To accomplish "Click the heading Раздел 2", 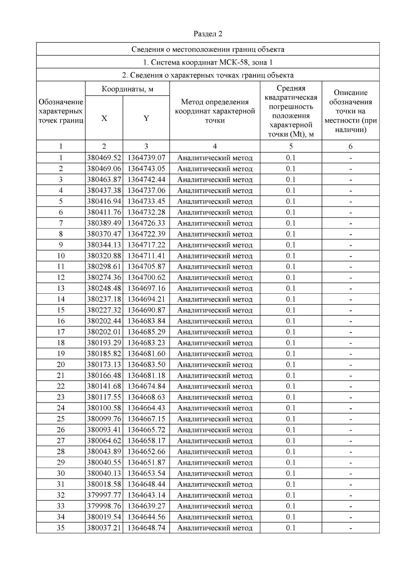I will (x=208, y=34).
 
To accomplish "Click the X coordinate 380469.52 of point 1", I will (x=104, y=158).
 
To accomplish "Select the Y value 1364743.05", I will (x=146, y=169).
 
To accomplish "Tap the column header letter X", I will (x=104, y=118).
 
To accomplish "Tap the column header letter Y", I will (x=146, y=118).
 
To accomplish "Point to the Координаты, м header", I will (x=127, y=89).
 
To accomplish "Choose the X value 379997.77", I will (x=104, y=495).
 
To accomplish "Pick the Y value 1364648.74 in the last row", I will (x=146, y=528).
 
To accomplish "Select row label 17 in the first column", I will (x=61, y=332).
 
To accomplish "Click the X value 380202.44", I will (x=104, y=321).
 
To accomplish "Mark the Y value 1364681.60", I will (x=146, y=354).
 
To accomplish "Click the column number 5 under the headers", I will (x=291, y=146).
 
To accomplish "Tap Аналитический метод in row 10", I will (x=215, y=256).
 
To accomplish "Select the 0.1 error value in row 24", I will (x=291, y=408).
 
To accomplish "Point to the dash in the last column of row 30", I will (x=351, y=474).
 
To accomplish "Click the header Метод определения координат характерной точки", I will (x=215, y=111).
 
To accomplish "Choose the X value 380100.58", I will (x=104, y=408).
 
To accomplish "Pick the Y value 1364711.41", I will (x=146, y=256).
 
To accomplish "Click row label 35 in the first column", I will (x=61, y=528).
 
